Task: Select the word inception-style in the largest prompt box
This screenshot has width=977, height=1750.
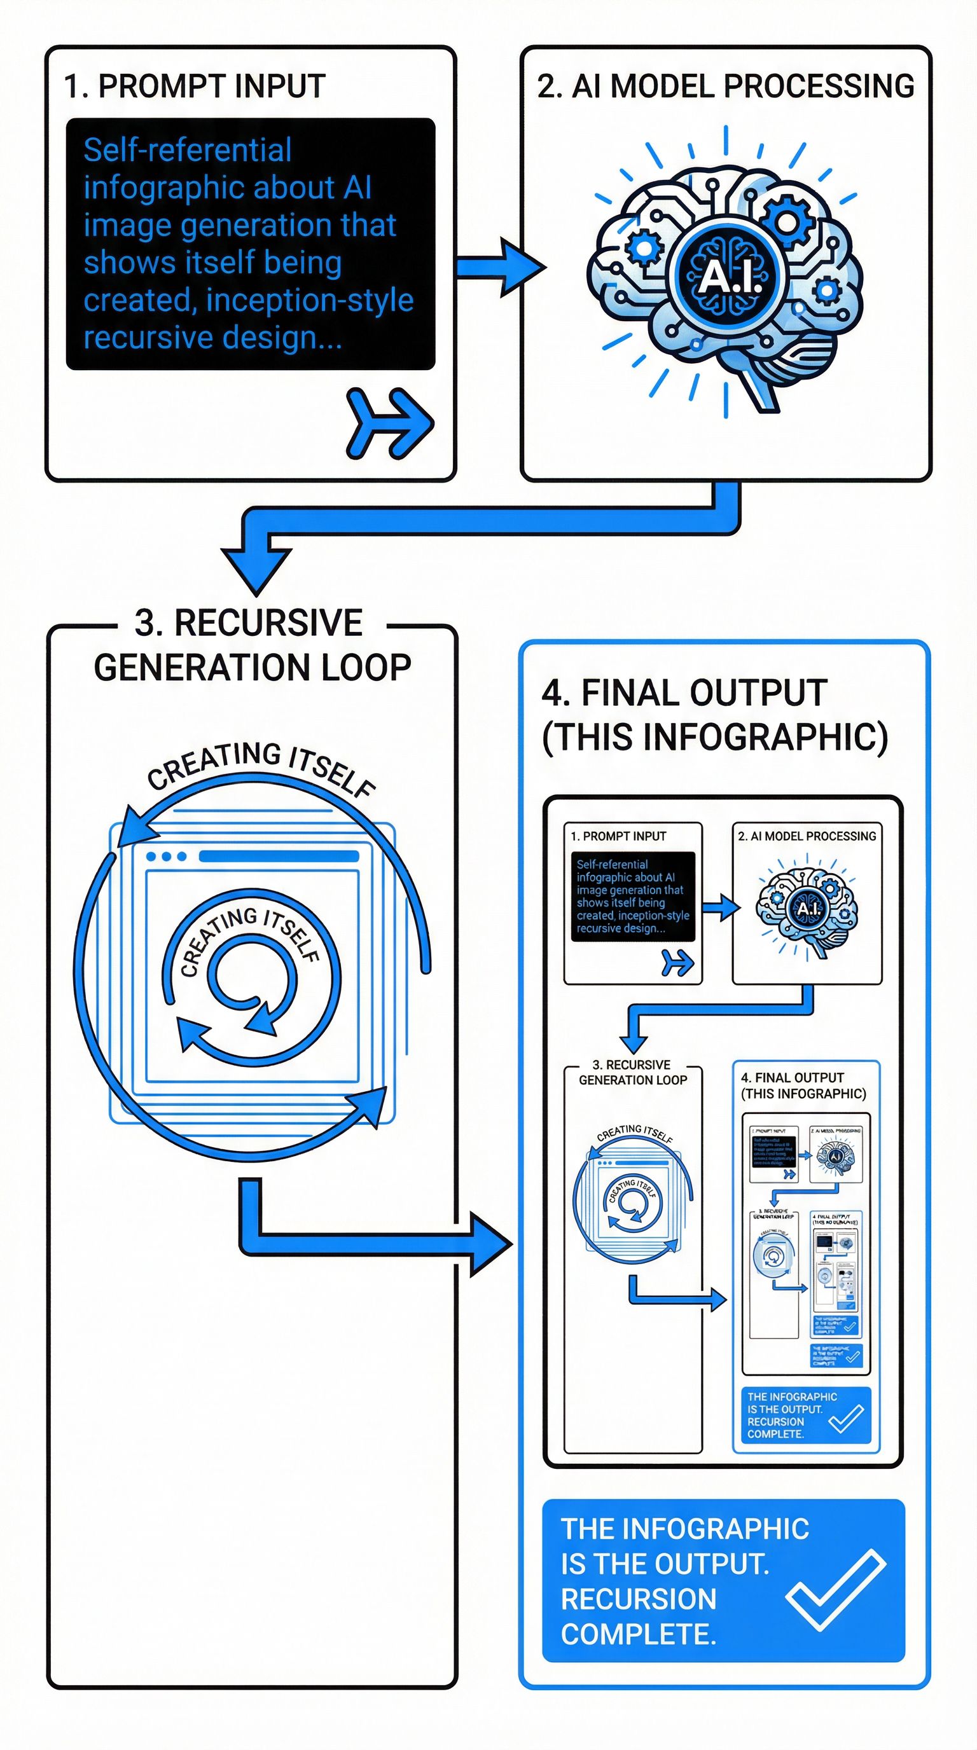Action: pos(310,300)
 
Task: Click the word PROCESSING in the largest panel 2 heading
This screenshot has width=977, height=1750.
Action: pos(819,87)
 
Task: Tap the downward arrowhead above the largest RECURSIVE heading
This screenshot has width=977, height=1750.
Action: pos(256,569)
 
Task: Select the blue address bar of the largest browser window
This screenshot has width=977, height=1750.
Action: pos(279,857)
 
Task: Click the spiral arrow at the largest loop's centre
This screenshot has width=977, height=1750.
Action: pos(251,979)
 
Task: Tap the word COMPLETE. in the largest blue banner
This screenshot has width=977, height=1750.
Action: pos(638,1634)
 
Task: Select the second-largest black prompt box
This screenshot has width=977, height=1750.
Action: pos(632,896)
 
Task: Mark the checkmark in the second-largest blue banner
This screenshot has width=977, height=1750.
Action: pos(846,1419)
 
